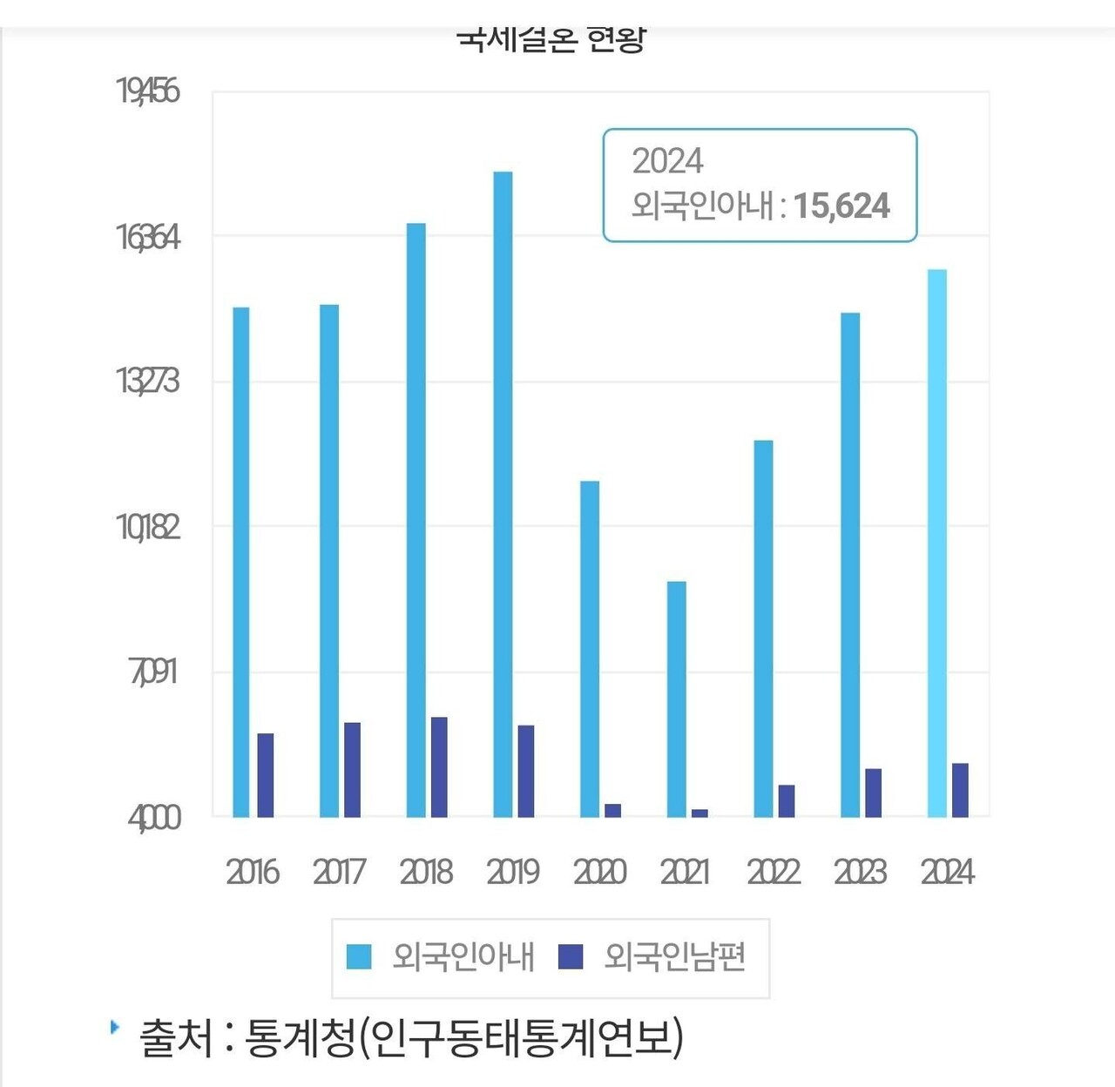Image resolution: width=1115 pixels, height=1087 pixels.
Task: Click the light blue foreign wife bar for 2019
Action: pos(503,494)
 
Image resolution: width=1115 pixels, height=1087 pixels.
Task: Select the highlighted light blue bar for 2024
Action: pos(936,543)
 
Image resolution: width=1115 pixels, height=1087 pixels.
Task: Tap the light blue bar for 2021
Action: pos(676,699)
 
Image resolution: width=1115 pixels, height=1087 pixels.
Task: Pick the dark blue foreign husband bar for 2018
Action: pos(439,766)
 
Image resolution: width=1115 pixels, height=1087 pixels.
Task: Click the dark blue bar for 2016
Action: pos(266,775)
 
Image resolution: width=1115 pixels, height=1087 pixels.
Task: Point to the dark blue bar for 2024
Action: pos(960,790)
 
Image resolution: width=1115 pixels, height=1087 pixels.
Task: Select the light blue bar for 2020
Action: pos(590,649)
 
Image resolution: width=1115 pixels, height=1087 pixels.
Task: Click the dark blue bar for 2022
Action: pos(786,800)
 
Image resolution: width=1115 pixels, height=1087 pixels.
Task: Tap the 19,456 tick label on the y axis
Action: pos(148,91)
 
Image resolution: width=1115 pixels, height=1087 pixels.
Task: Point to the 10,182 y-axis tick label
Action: pos(148,527)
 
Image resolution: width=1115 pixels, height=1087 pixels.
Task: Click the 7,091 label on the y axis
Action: pos(153,672)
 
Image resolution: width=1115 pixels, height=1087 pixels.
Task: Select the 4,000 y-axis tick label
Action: pos(154,818)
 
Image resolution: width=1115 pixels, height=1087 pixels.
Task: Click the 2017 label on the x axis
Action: pos(339,872)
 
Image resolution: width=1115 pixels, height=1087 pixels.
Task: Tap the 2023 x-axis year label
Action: pos(860,872)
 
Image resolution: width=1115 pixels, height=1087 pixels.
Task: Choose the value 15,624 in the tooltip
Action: pos(841,206)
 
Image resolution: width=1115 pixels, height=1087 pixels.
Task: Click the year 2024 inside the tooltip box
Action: pos(667,161)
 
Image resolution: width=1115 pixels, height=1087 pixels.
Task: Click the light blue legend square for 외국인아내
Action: pos(359,956)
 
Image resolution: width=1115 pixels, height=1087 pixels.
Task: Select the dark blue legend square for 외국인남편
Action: pos(570,956)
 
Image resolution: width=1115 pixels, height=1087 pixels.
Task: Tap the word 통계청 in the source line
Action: pos(300,1037)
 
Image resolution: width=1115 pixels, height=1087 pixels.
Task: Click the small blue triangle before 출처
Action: pos(115,1027)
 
